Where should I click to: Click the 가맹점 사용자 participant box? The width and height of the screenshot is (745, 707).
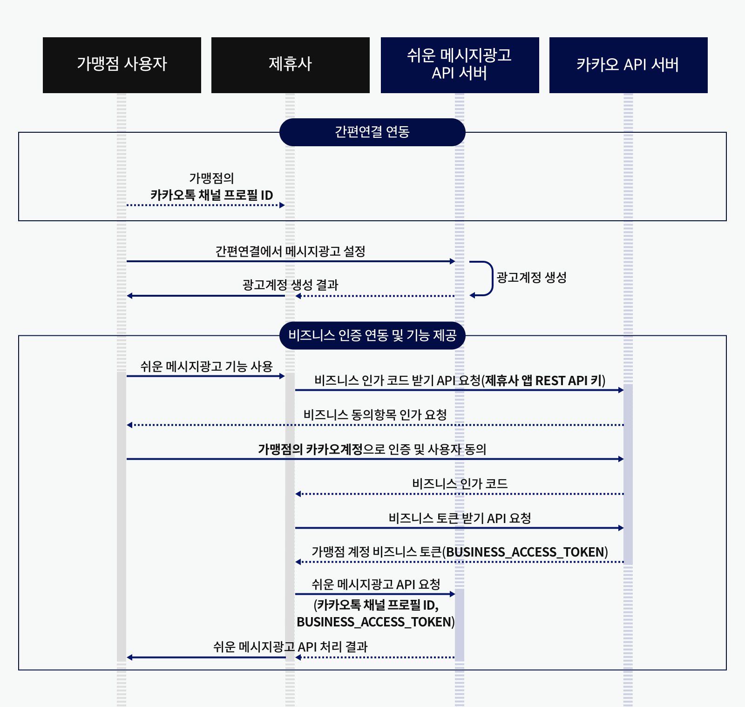(x=122, y=65)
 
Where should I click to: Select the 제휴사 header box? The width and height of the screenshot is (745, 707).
(x=290, y=65)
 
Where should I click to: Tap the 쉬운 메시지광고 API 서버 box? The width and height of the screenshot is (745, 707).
(x=460, y=65)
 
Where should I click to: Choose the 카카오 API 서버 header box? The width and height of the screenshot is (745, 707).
(x=628, y=65)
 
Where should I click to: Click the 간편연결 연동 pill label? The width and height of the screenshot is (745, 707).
(x=372, y=132)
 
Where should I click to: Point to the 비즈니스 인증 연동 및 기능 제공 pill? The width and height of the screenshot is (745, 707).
(x=372, y=335)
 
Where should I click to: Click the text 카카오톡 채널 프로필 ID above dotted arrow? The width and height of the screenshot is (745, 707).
(x=211, y=195)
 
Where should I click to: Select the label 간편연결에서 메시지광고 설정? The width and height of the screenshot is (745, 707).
(x=290, y=252)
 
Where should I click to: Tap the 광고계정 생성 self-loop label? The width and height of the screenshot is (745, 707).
(x=531, y=278)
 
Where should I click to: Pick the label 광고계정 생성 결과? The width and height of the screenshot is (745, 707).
(x=290, y=285)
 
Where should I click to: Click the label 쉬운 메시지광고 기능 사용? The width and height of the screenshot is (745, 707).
(x=206, y=367)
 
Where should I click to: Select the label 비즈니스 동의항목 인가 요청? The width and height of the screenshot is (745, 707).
(x=375, y=415)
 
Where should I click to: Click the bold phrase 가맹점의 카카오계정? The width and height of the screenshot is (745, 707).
(x=310, y=449)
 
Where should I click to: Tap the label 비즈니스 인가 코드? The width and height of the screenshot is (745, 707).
(x=460, y=483)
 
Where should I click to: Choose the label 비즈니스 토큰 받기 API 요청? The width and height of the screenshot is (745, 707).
(x=460, y=518)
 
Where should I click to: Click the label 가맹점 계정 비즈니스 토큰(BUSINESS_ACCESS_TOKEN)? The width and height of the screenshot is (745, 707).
(x=460, y=552)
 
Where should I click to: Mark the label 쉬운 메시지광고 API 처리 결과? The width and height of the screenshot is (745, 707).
(x=290, y=647)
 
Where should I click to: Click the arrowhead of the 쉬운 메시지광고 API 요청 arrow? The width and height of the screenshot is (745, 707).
(x=453, y=594)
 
